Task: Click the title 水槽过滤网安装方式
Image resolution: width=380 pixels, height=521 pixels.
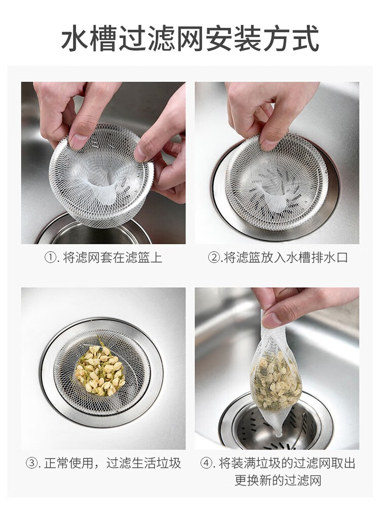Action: tap(190, 39)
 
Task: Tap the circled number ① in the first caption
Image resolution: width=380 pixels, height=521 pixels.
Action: tap(50, 258)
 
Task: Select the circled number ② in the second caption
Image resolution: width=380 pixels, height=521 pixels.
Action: tap(214, 258)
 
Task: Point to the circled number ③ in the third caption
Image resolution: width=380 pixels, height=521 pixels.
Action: tap(31, 463)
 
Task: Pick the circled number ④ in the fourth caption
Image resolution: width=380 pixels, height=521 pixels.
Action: tap(206, 463)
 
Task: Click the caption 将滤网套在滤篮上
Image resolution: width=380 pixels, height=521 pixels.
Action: tap(112, 258)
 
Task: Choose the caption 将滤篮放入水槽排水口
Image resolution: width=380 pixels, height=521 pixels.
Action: tap(285, 258)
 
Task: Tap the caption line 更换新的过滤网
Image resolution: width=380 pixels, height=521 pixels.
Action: tap(278, 480)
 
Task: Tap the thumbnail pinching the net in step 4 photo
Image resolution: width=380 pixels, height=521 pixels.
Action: tap(271, 320)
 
